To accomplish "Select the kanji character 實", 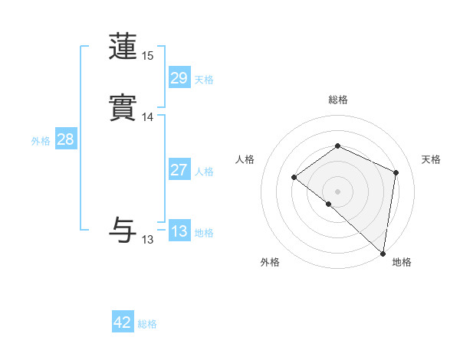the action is (123, 108).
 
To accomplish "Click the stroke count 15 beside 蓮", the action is (148, 55).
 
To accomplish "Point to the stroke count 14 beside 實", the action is (148, 117).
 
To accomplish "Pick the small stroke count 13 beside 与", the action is (148, 240).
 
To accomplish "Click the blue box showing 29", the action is (179, 77).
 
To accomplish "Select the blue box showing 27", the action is (179, 170).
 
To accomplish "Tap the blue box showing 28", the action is (65, 139).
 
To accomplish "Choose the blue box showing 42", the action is (123, 322).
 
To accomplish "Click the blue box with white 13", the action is (179, 231).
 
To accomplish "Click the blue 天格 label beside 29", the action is (204, 80).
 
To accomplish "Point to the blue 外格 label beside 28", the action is (41, 141).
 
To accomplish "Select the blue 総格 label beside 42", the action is (147, 324).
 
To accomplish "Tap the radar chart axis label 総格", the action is (337, 100).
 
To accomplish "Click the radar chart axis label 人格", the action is (245, 159).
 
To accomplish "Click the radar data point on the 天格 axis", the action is (396, 172).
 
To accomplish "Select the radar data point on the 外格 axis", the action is (328, 204).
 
